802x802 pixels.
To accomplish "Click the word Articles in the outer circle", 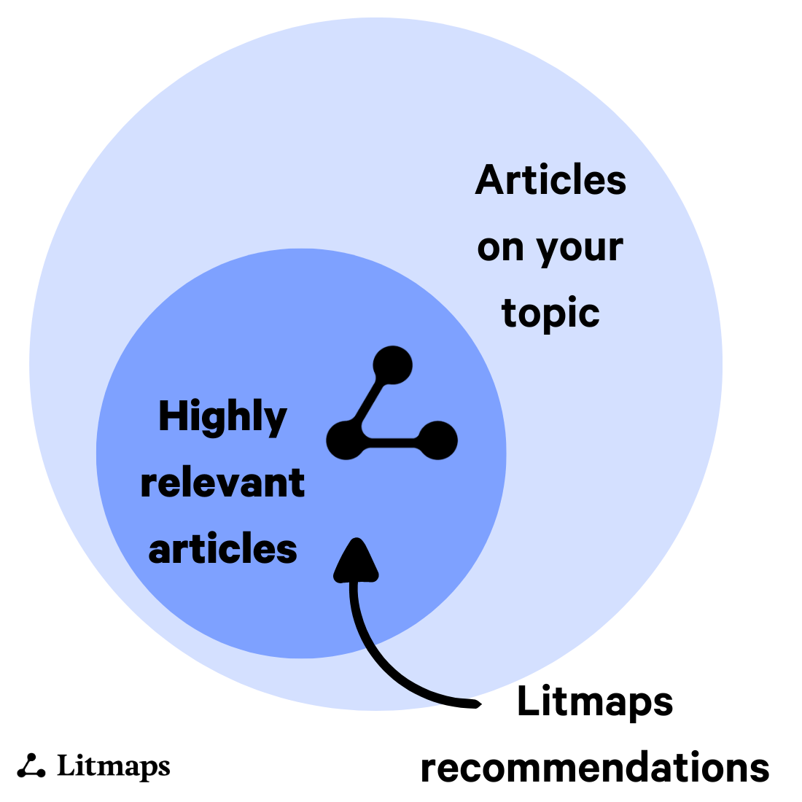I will [x=550, y=180].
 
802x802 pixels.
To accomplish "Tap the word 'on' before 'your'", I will [x=501, y=249].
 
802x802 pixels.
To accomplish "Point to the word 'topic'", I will [x=550, y=314].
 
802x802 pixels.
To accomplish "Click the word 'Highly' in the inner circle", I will [x=222, y=418].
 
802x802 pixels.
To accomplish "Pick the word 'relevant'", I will [x=222, y=483].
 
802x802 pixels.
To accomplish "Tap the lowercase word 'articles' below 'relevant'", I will [x=222, y=549].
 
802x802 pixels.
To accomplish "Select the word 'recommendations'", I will [x=595, y=768].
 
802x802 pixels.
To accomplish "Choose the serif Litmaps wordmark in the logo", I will [x=113, y=766].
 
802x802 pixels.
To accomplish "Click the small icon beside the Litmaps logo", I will [x=31, y=766].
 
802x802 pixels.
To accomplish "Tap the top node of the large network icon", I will [x=393, y=365].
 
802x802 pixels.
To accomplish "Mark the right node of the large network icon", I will [x=438, y=440].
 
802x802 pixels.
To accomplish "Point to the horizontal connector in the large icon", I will [x=392, y=441].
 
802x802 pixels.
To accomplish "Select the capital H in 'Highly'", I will [x=170, y=416].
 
